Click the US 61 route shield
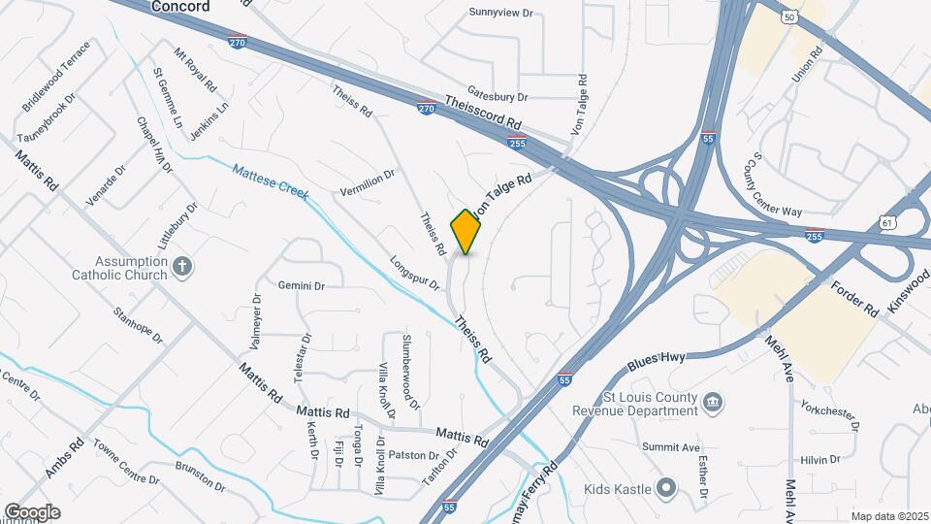coord(889,224)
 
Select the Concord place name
coord(180,7)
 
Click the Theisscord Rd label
coord(484,113)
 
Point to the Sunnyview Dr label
coord(501,13)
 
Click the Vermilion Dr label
coord(368,182)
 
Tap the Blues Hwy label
coord(656,359)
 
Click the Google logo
coord(31,511)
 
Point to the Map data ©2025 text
coord(888,516)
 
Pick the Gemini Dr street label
coord(301,285)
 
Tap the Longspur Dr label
coord(415,274)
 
